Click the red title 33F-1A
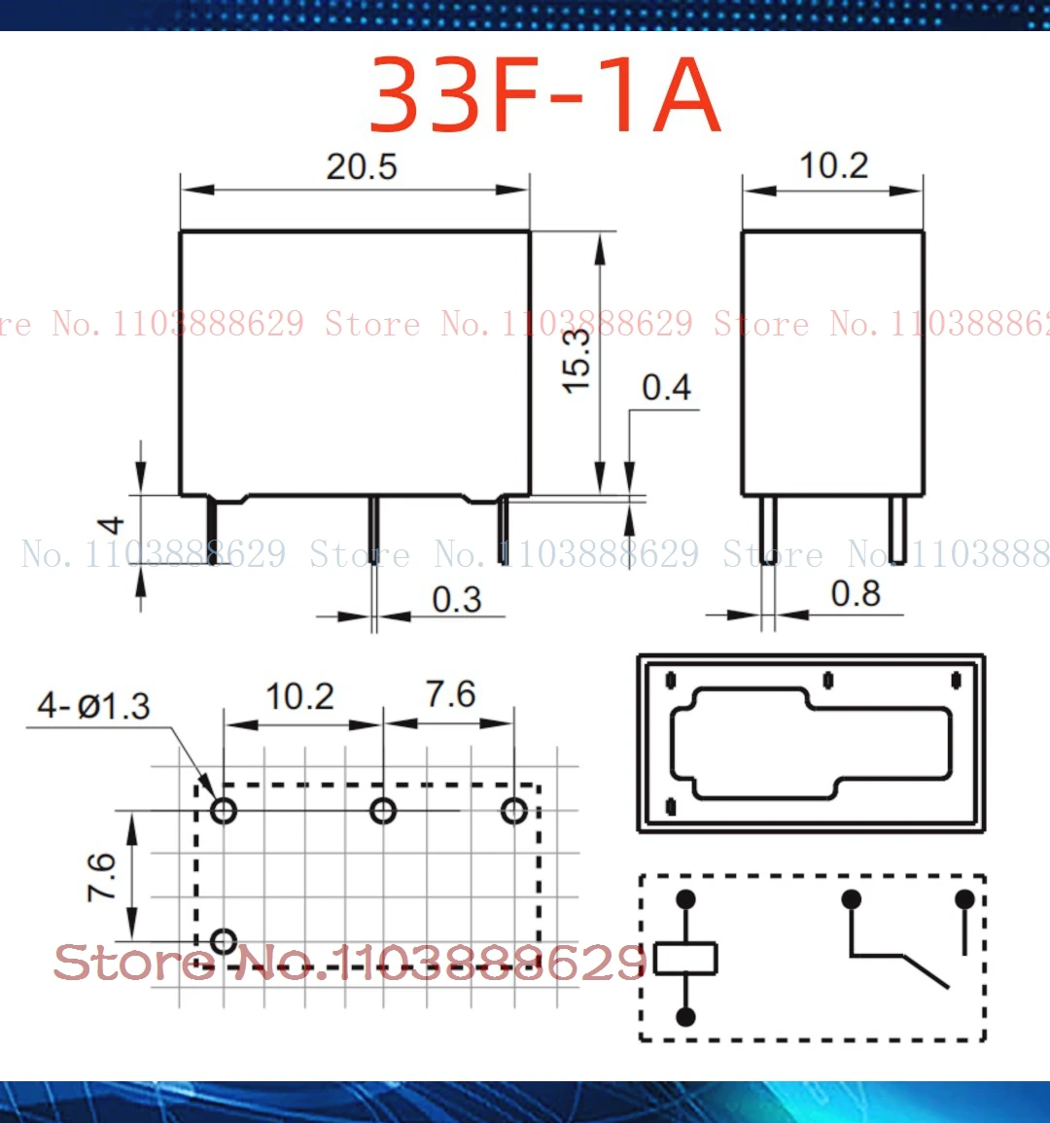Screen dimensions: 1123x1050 [544, 96]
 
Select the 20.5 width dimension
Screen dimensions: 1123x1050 [361, 167]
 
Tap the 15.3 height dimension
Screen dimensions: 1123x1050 [577, 360]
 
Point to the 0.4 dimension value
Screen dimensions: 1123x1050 [666, 388]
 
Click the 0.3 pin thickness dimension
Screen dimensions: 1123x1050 [456, 600]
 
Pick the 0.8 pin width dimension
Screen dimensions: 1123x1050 [855, 594]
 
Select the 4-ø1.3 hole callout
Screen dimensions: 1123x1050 [93, 706]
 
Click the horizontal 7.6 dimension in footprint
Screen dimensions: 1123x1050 [450, 695]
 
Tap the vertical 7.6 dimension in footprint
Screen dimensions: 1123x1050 [102, 876]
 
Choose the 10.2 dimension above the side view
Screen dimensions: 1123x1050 [833, 166]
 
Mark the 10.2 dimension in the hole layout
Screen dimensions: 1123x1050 [299, 697]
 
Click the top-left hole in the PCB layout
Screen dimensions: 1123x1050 [224, 810]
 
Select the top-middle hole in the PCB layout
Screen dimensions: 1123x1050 [383, 810]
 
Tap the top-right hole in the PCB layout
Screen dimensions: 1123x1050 [513, 810]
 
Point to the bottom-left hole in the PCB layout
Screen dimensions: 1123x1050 [224, 940]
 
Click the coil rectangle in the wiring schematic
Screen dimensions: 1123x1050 [685, 958]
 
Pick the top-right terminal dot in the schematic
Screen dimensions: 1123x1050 [964, 898]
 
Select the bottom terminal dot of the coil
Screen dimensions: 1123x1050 [685, 1017]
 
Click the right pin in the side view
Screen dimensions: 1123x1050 [899, 530]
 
